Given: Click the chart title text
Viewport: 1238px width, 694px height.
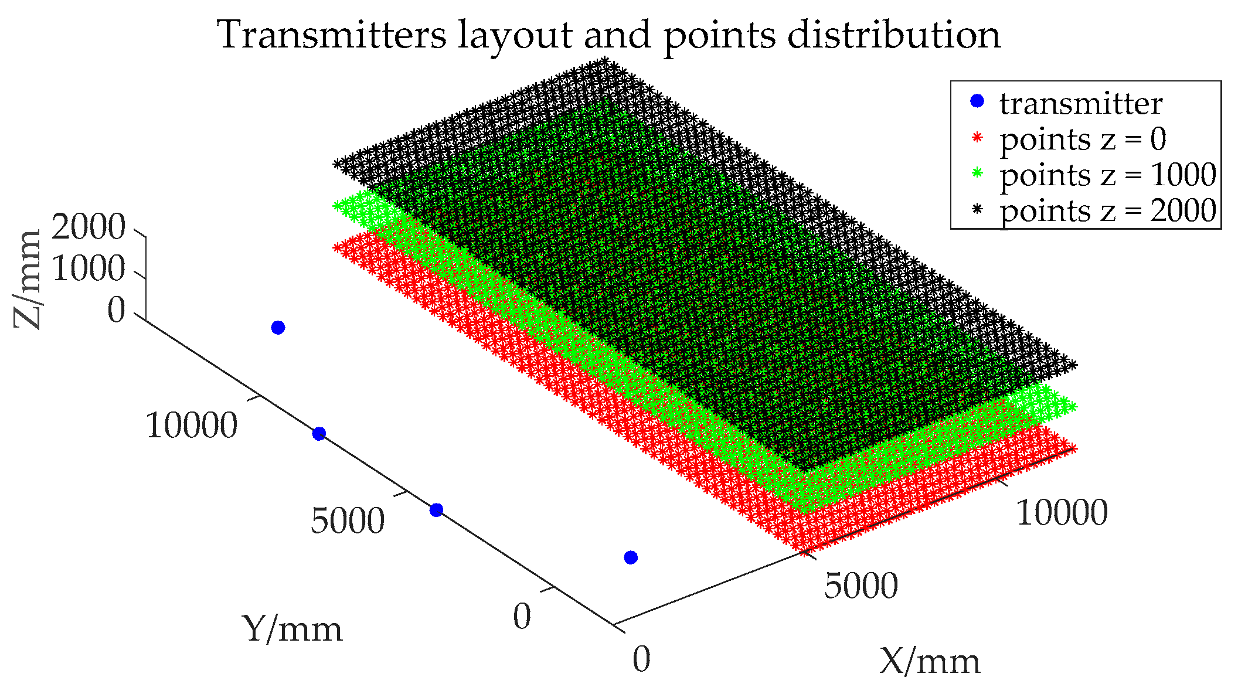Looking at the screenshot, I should tap(610, 35).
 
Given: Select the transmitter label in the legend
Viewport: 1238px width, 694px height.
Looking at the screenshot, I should tap(1081, 104).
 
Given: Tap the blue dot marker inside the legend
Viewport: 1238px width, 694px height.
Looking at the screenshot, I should tap(977, 101).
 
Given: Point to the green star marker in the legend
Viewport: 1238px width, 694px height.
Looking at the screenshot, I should tap(977, 173).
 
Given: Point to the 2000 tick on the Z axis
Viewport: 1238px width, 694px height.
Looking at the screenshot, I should tap(89, 227).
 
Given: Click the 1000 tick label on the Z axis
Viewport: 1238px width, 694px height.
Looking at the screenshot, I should tap(89, 269).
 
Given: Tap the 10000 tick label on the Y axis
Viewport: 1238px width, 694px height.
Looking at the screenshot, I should tap(192, 426).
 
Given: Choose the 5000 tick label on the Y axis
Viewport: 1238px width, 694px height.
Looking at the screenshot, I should tap(348, 520).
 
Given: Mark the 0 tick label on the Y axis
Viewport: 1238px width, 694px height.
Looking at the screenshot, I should tap(522, 617).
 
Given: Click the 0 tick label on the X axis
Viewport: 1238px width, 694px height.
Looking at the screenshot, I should tap(641, 659).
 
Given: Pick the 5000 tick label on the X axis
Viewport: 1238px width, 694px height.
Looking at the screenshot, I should tap(861, 586).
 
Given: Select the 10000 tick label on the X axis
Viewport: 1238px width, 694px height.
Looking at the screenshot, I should tap(1062, 513).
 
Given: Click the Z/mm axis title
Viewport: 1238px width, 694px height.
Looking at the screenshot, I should tap(28, 279).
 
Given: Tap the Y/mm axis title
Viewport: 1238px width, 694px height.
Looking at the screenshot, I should tap(293, 630).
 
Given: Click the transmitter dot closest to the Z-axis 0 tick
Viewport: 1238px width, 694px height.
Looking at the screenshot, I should tap(278, 328).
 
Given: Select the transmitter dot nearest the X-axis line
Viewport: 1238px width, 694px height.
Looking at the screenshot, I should tap(631, 557).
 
